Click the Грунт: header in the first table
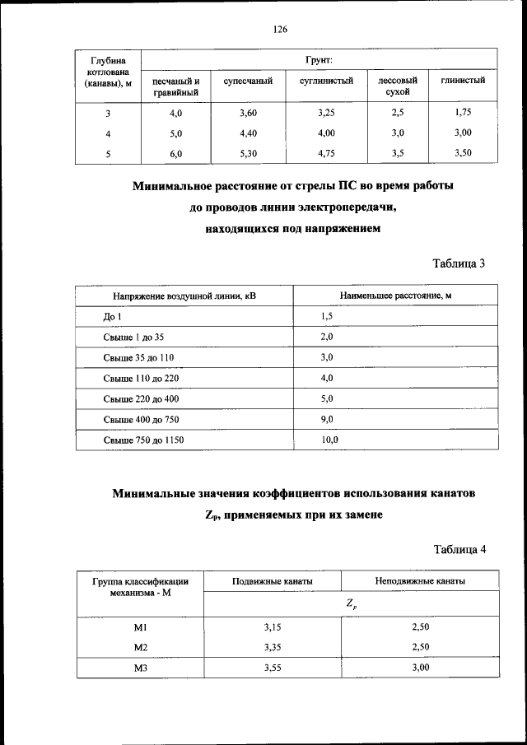[x=319, y=60]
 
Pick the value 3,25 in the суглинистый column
[x=326, y=111]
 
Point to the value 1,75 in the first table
[x=463, y=111]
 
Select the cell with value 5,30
[x=248, y=152]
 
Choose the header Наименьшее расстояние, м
[x=395, y=295]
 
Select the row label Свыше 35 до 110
[x=138, y=357]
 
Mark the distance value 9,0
[x=326, y=420]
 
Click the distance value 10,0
[x=329, y=440]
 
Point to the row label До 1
[x=112, y=316]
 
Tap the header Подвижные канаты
[x=273, y=581]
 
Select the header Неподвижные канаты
[x=420, y=581]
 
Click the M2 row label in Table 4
[x=140, y=647]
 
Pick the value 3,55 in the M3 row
[x=273, y=668]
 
